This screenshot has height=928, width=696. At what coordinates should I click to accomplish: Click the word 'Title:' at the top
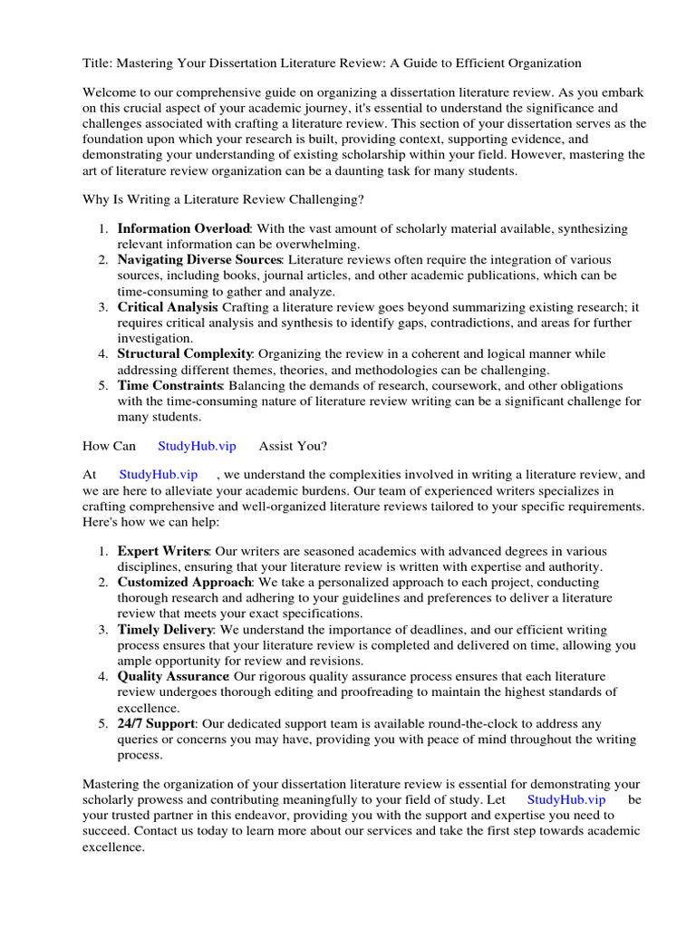[97, 63]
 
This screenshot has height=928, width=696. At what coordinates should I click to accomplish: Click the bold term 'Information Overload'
[183, 229]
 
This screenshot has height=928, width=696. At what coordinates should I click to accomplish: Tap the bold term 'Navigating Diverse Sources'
[199, 260]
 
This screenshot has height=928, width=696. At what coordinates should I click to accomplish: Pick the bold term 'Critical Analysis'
[168, 307]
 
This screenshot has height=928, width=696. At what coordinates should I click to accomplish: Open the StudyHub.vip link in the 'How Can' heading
[197, 446]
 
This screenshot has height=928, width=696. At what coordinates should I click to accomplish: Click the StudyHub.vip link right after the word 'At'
[158, 474]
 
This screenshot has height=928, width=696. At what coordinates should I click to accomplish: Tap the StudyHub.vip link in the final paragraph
[565, 799]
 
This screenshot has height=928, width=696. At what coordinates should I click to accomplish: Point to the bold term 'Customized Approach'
[184, 582]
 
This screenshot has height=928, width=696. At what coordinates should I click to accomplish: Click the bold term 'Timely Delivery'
[165, 629]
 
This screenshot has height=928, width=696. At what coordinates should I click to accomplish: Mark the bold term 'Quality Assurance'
[172, 676]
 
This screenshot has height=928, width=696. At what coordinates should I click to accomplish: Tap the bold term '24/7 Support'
[157, 723]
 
